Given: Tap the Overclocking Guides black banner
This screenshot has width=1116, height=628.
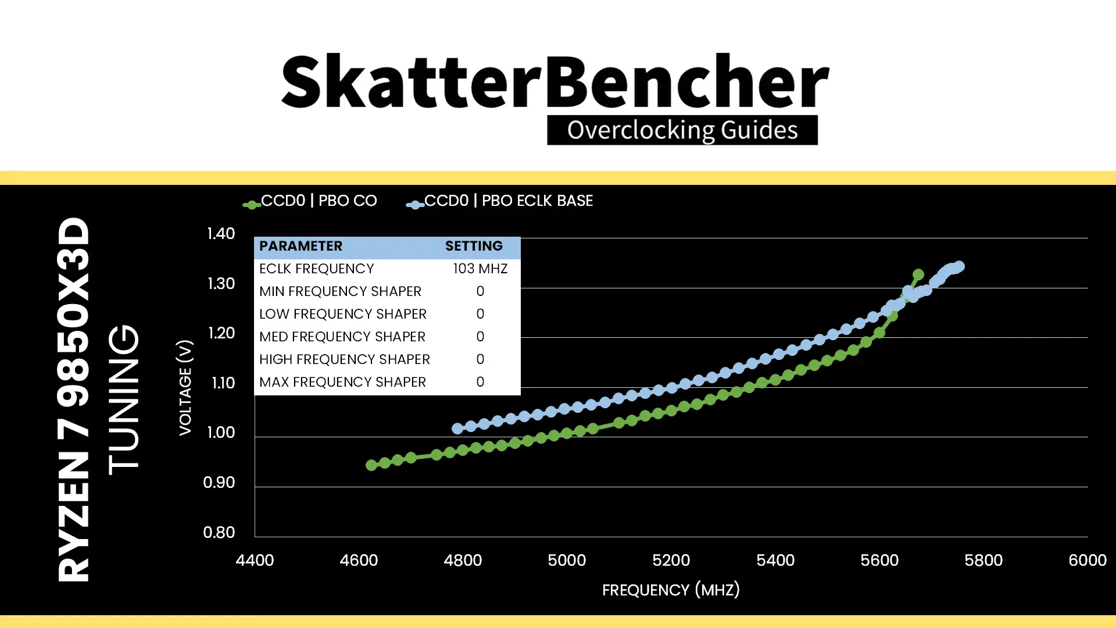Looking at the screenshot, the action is coord(682,130).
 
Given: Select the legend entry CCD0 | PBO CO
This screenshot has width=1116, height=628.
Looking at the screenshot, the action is coord(310,201).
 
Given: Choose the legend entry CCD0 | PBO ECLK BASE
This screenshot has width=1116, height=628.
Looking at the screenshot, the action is coord(499,201).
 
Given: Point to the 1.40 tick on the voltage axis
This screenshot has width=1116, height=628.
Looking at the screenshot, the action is coord(221,234).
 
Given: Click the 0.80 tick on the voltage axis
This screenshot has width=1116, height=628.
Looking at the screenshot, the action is coord(219,533).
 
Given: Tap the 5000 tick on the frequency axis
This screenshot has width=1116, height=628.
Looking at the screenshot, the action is coord(567,561).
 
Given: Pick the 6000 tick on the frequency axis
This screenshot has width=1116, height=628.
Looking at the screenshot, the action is coord(1088,561).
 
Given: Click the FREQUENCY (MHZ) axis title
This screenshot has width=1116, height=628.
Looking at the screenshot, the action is coord(671,590).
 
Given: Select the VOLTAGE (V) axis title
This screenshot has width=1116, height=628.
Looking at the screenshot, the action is coord(185,387).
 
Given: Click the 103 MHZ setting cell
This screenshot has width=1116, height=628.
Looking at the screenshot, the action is coord(480,269).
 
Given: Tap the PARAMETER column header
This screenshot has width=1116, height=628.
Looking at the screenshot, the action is coord(301,246).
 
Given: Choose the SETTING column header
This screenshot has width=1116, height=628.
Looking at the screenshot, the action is coord(474,246).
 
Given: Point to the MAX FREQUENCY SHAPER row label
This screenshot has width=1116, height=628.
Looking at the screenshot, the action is coord(342,382).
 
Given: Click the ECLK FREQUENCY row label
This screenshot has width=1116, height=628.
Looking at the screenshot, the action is coord(316,269).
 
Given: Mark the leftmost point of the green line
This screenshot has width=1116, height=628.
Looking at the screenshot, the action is coord(371,465).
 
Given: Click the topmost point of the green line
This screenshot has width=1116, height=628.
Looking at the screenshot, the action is coord(918,274).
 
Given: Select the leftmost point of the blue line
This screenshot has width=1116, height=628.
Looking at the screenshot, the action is coord(457,429).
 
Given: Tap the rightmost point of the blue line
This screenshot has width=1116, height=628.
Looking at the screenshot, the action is coord(960,266).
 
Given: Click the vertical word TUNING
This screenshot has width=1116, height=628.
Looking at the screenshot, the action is coord(124,399).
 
